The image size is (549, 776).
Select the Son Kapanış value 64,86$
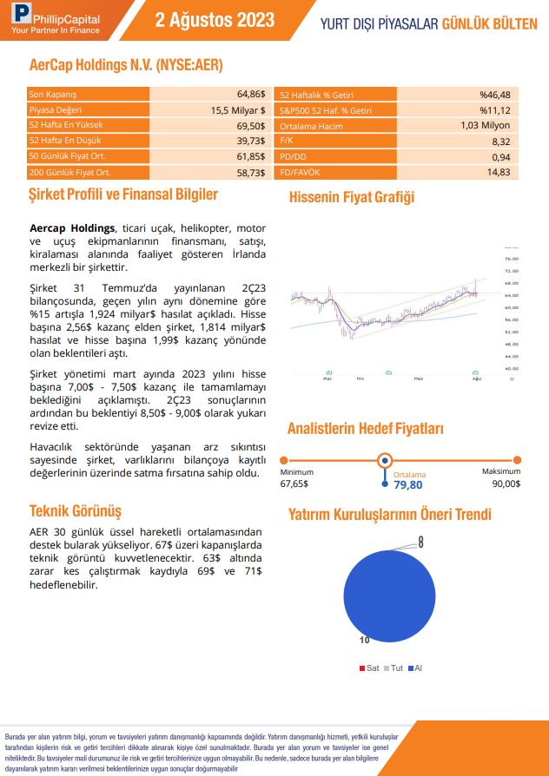[x=250, y=94]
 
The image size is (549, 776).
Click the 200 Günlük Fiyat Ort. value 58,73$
[x=250, y=173]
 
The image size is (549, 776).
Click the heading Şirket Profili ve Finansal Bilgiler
[x=123, y=195]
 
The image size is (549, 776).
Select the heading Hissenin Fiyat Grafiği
[x=351, y=197]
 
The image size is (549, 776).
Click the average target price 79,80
[x=408, y=485]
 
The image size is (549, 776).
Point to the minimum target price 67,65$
[x=294, y=483]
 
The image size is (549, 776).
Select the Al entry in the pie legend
[x=417, y=667]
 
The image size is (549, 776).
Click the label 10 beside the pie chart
[x=365, y=640]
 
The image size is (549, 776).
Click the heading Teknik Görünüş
[x=76, y=510]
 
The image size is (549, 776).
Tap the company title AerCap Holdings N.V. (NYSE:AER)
[x=126, y=64]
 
